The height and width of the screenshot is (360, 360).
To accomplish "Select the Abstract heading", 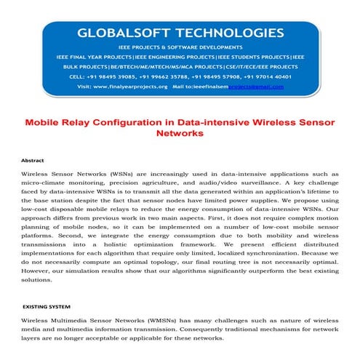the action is (33, 159).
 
